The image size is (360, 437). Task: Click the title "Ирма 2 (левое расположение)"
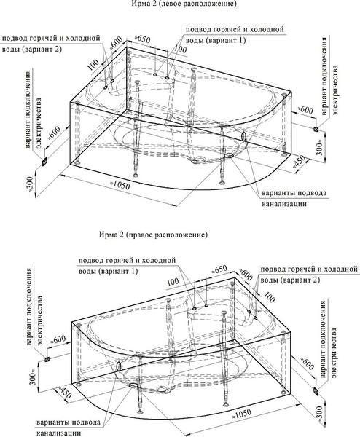[x=181, y=5]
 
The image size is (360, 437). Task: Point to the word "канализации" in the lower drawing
[x=56, y=433]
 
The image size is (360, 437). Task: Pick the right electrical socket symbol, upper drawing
[x=315, y=129]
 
